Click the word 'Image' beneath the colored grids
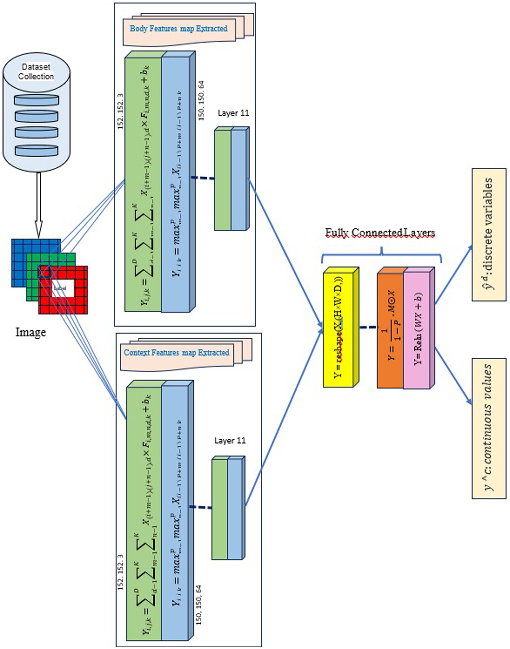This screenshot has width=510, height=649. click(x=31, y=332)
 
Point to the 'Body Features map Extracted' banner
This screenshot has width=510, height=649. click(x=178, y=29)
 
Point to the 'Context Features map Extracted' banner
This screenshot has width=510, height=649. click(x=176, y=353)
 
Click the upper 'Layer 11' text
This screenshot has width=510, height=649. click(x=233, y=113)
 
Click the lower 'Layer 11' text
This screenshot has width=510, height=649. click(x=230, y=440)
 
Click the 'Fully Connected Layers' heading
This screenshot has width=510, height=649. click(x=380, y=232)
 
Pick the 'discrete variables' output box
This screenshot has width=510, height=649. click(x=489, y=235)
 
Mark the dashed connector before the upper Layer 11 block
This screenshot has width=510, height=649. click(x=202, y=178)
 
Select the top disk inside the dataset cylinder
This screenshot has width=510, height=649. click(x=37, y=100)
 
